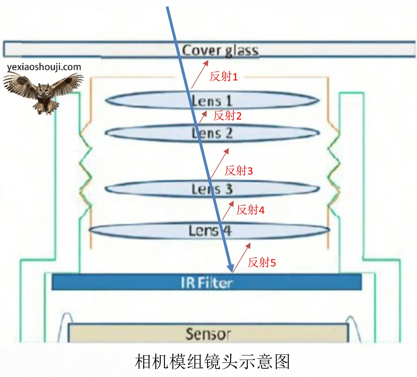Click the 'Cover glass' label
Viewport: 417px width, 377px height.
tap(220, 51)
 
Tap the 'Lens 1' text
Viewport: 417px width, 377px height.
tap(212, 101)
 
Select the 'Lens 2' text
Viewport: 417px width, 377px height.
tap(212, 133)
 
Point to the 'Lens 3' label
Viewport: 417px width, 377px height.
tap(212, 189)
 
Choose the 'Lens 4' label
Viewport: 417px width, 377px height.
tap(210, 231)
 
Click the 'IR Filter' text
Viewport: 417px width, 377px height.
tap(207, 283)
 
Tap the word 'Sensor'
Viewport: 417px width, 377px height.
tap(208, 334)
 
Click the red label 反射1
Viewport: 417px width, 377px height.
tap(224, 77)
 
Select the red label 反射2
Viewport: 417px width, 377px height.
tap(227, 116)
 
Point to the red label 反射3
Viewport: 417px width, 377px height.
tap(238, 170)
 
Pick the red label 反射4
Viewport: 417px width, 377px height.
tap(250, 210)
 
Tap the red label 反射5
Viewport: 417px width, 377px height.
tap(262, 262)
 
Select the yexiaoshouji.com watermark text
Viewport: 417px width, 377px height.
tap(44, 67)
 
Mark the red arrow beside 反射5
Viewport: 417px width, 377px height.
tap(242, 257)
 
